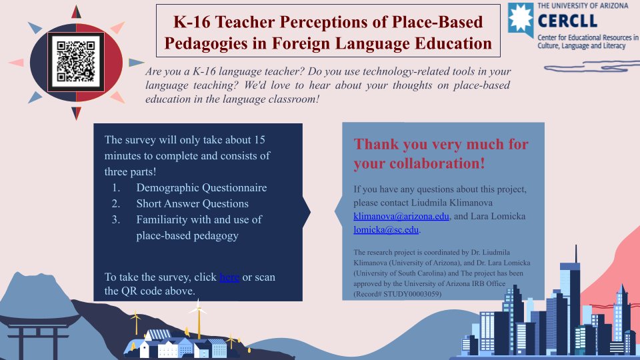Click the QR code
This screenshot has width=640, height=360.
tap(76, 61)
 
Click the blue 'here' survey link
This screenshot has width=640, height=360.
tap(229, 277)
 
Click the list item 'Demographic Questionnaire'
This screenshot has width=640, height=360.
tap(201, 187)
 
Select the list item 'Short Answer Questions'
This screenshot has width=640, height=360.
tap(192, 203)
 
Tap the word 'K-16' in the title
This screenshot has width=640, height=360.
tap(193, 22)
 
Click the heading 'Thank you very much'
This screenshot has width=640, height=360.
tap(441, 144)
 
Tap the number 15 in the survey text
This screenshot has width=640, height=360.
tap(260, 141)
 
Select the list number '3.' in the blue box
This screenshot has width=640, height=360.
tap(115, 219)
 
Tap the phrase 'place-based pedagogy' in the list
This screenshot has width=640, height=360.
tap(187, 235)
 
